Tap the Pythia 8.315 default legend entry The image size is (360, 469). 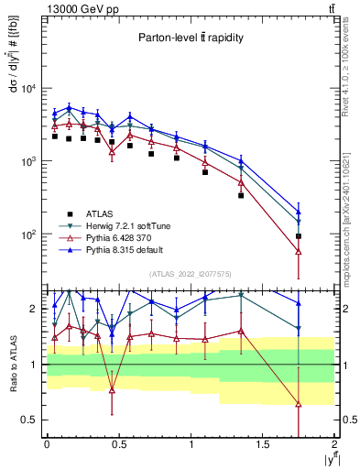click(x=120, y=248)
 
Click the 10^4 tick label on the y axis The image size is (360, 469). click(x=27, y=89)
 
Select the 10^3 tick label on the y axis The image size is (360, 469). click(x=27, y=161)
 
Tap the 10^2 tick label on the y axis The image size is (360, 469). click(x=27, y=234)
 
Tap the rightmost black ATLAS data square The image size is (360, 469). click(x=299, y=236)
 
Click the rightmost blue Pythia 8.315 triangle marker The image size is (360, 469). click(x=299, y=212)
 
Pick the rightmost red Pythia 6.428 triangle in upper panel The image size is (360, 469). click(x=299, y=251)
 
